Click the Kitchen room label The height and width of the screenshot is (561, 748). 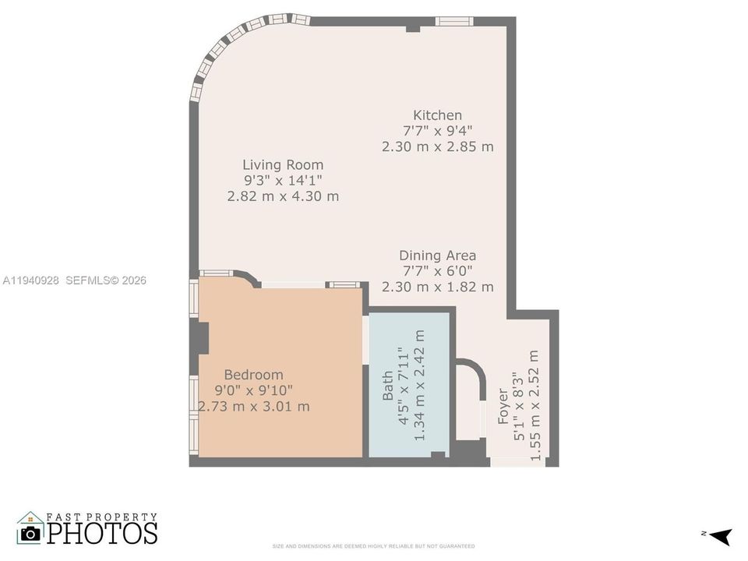[x=437, y=115]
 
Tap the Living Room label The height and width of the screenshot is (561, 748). [x=282, y=165]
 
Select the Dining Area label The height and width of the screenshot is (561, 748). [x=437, y=256]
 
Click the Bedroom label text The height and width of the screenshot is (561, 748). [x=253, y=375]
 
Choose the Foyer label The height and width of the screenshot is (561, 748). [x=503, y=405]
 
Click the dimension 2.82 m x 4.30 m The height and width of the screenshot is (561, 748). [x=282, y=196]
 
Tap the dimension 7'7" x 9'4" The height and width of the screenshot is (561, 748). [x=437, y=131]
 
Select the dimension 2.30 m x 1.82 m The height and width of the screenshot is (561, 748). [x=437, y=287]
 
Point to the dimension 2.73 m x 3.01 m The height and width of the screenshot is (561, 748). [x=254, y=406]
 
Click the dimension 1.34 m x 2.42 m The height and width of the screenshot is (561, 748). [x=419, y=384]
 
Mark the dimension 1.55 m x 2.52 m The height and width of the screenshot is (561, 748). [x=535, y=404]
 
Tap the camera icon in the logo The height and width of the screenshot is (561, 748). [x=30, y=534]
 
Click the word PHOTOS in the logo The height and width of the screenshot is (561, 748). [x=102, y=533]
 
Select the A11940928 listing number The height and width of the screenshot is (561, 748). [x=31, y=280]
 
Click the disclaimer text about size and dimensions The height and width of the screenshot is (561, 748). [x=373, y=546]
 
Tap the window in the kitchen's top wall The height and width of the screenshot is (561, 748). [x=454, y=21]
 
